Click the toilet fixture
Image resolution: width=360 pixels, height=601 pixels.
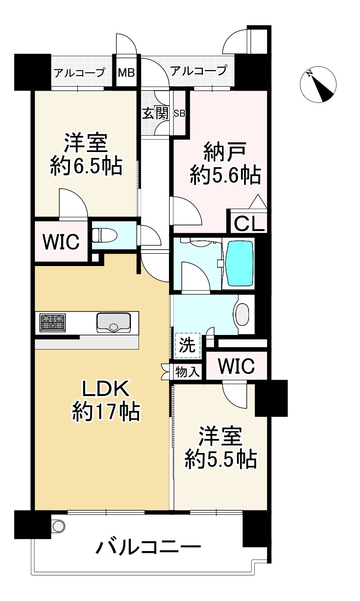[x=104, y=235]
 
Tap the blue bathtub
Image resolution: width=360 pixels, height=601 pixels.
[x=240, y=264]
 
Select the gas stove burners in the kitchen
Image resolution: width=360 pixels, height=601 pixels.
[x=53, y=323]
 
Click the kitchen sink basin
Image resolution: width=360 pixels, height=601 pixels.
[x=114, y=323]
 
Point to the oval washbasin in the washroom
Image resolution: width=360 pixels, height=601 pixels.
[x=242, y=315]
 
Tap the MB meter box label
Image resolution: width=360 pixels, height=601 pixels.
[x=126, y=72]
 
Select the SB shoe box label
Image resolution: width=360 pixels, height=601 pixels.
[x=180, y=114]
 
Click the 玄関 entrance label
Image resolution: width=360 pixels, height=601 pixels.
[x=155, y=113]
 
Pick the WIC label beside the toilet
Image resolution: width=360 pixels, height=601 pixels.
[x=61, y=242]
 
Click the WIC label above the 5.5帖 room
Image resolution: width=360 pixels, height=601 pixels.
[x=237, y=366]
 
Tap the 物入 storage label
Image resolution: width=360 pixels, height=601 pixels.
[x=188, y=372]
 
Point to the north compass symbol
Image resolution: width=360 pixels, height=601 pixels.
[x=318, y=84]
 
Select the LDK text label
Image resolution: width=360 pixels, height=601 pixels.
[x=106, y=389]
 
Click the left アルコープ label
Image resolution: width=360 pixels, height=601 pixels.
[x=79, y=73]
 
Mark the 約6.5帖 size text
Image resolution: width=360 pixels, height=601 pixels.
[x=86, y=166]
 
